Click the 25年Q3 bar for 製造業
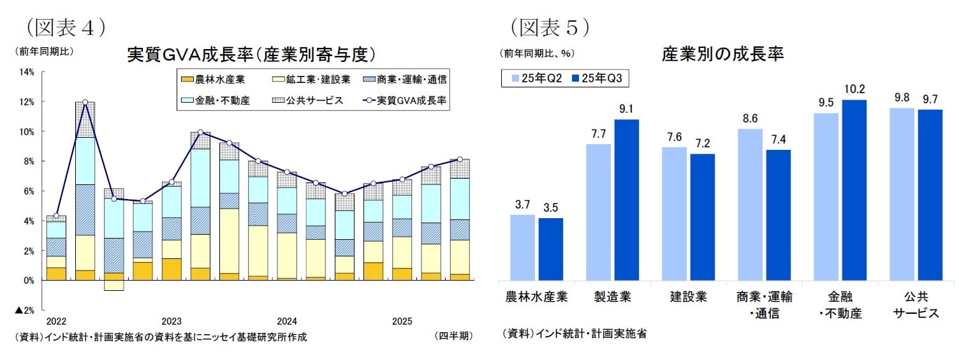tap(626, 200)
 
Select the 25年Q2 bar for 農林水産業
tap(522, 247)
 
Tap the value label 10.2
tap(854, 89)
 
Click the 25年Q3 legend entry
tap(599, 78)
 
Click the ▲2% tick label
tap(25, 311)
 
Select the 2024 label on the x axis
tap(286, 321)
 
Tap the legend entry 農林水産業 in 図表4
tap(212, 80)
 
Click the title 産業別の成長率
tap(722, 54)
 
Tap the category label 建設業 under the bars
tap(688, 297)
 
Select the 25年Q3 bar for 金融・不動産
tap(854, 190)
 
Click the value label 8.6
tap(750, 118)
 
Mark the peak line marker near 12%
tap(85, 102)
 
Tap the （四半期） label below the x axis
tap(454, 335)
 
